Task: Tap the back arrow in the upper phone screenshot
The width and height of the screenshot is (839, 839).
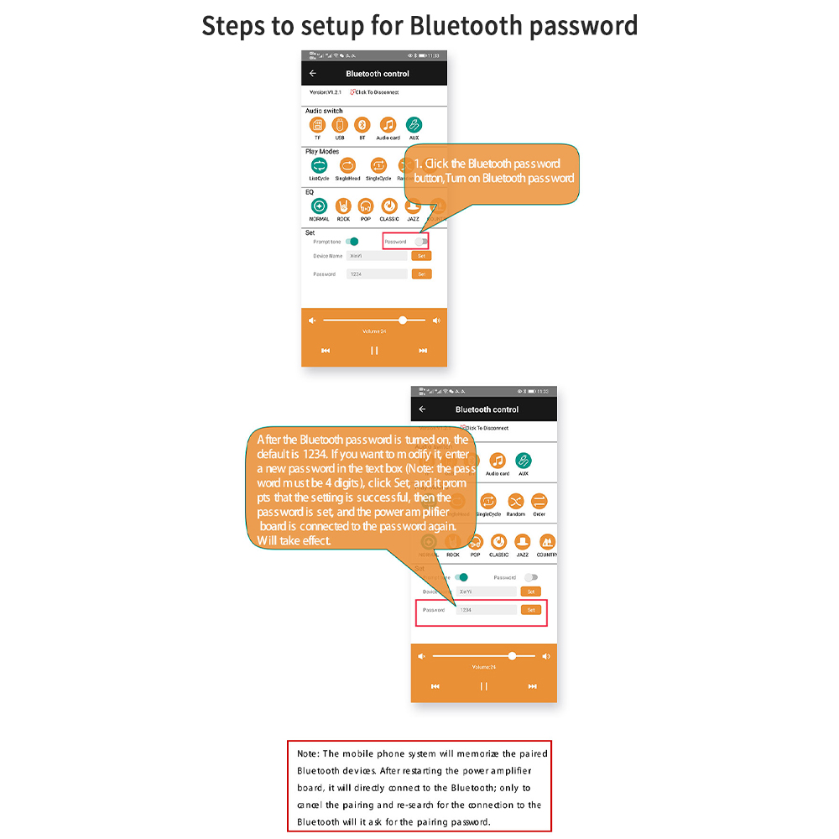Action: (313, 74)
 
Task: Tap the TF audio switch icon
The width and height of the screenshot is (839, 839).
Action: (317, 125)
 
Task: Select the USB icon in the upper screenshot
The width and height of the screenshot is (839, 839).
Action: (340, 125)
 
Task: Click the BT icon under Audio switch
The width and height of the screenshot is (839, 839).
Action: (362, 125)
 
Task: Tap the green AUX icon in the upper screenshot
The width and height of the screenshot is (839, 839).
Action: (414, 125)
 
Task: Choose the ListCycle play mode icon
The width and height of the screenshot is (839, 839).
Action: (319, 165)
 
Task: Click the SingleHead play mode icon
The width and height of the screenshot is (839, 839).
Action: (347, 165)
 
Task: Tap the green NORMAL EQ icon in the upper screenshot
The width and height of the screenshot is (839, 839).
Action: (319, 206)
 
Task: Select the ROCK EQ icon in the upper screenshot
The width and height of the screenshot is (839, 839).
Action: (343, 206)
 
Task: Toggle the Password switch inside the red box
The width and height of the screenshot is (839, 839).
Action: (420, 242)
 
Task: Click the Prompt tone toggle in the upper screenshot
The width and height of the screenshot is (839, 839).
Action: (352, 242)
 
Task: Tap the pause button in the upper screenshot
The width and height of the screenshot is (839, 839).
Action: (374, 351)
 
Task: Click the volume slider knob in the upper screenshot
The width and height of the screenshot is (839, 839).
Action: (403, 320)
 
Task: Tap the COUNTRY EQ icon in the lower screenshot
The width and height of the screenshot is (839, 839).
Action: (547, 542)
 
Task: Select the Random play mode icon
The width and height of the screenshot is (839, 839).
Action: (515, 502)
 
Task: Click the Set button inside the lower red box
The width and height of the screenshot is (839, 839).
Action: (530, 610)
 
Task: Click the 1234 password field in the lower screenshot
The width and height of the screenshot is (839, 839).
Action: (487, 610)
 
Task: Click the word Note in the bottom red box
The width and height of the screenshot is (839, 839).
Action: (308, 754)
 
